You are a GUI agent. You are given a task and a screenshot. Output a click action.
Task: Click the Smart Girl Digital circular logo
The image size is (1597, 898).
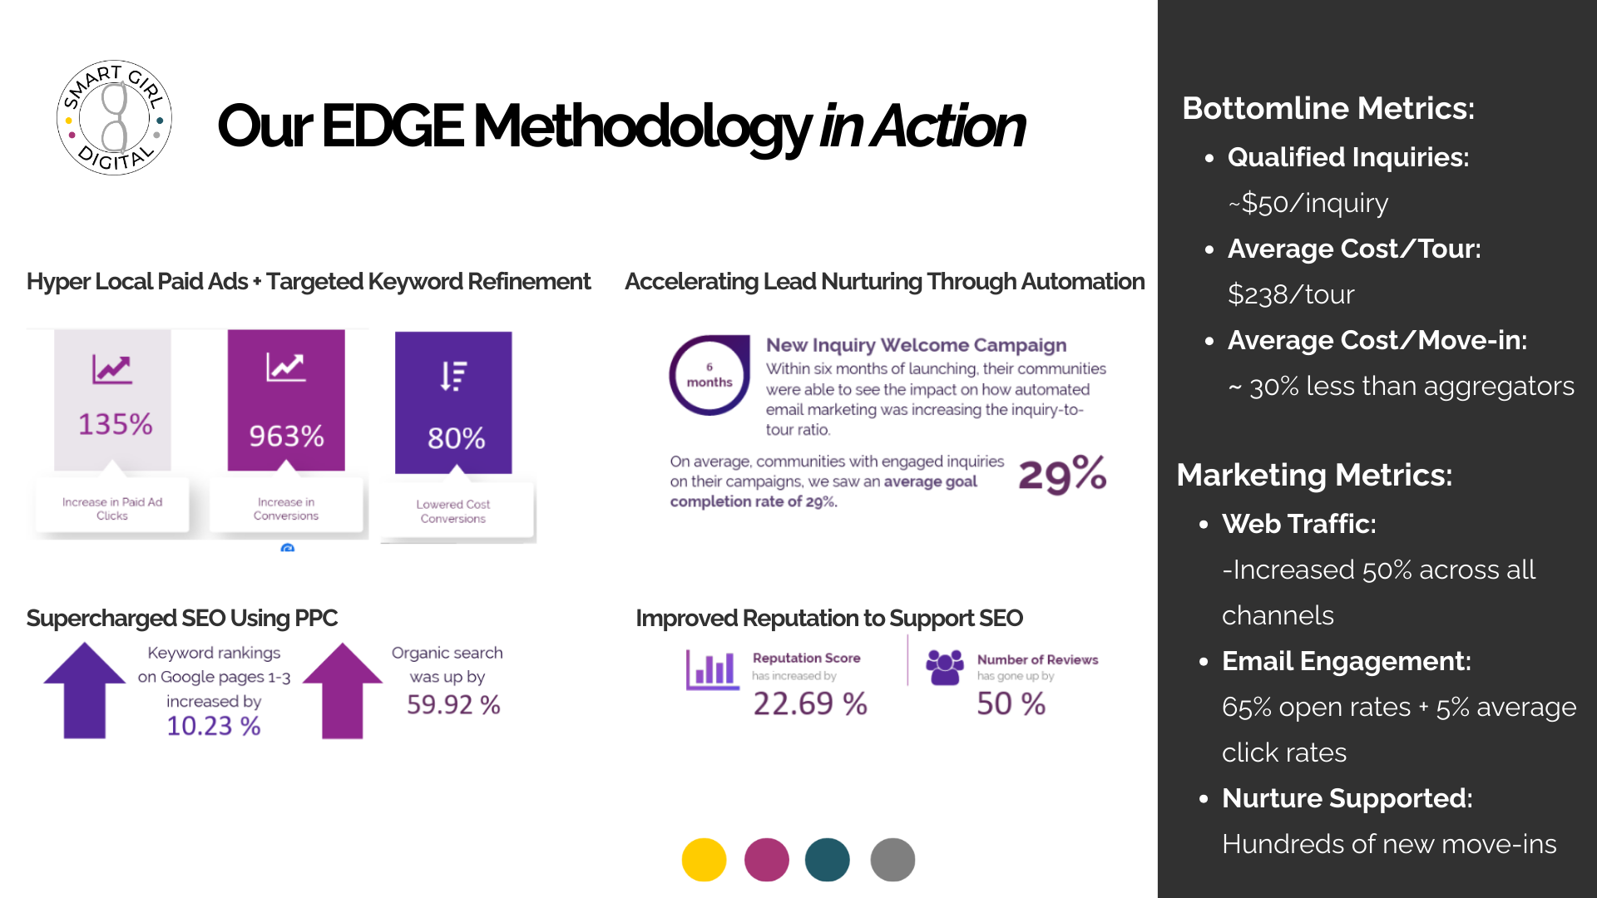114,117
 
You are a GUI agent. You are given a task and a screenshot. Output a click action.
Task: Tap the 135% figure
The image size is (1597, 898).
115,424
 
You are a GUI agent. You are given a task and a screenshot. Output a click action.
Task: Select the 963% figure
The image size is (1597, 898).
286,436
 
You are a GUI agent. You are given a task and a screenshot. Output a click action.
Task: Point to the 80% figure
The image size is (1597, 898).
456,438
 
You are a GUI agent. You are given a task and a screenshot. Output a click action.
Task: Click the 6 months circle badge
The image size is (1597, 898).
710,376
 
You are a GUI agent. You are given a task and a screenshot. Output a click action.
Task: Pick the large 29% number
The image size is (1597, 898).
1062,475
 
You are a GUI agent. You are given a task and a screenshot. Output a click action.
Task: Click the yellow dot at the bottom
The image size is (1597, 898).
704,860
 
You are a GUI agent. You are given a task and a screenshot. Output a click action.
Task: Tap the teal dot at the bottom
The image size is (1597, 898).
827,860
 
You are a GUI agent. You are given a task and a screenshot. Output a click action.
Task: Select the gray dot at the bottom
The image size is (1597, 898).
892,860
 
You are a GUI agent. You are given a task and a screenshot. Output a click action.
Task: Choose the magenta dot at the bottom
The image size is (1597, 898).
766,860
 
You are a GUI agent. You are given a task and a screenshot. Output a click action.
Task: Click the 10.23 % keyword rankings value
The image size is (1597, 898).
214,726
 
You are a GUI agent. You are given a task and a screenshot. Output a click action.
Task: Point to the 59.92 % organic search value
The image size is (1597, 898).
453,705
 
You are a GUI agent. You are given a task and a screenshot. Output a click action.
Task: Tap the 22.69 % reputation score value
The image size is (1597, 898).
810,704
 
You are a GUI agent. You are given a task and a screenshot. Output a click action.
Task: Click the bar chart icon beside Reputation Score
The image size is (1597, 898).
712,669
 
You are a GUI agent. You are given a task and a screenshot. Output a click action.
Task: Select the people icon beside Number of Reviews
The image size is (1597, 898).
945,667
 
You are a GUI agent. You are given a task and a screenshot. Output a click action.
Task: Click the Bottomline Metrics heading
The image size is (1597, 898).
1328,108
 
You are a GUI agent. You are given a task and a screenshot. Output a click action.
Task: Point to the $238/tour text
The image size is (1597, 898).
1291,294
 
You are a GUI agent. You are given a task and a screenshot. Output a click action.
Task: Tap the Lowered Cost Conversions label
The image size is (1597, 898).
452,511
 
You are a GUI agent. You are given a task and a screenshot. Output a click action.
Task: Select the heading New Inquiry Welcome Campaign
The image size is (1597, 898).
916,345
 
